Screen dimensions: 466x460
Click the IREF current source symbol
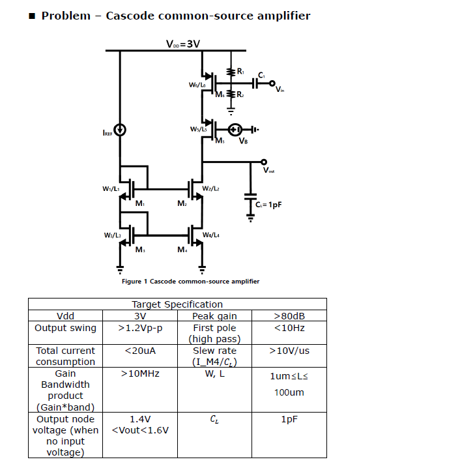coord(120,130)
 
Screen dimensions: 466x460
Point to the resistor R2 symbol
coord(230,94)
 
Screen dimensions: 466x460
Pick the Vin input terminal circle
coord(272,83)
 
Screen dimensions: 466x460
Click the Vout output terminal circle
coord(263,162)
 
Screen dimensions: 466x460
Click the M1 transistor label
coord(139,204)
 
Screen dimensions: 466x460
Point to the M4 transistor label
coord(182,249)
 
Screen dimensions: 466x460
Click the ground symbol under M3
coord(120,268)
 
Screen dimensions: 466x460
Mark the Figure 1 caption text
coord(190,282)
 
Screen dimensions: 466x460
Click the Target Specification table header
coord(177,304)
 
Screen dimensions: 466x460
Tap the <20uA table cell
coord(141,351)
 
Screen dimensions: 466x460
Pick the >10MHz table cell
coord(141,373)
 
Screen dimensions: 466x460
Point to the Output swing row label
coord(65,328)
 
